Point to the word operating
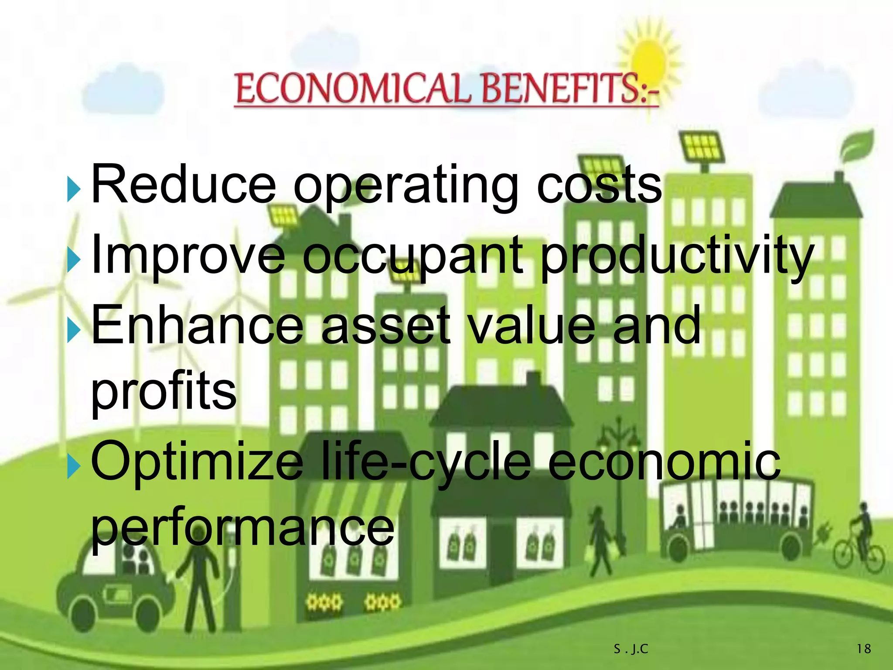(x=406, y=188)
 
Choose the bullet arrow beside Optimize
(x=74, y=466)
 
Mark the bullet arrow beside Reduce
(x=74, y=190)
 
